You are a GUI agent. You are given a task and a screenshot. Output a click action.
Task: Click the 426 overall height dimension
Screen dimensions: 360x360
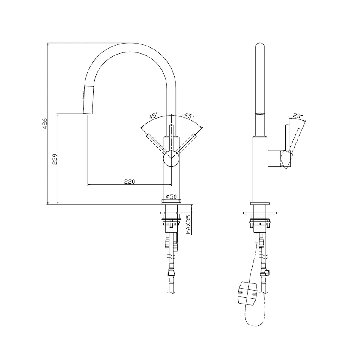click(45, 124)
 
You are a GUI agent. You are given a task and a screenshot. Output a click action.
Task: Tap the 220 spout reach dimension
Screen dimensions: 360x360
click(129, 181)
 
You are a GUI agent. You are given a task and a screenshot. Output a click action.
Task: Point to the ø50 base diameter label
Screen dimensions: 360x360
click(171, 196)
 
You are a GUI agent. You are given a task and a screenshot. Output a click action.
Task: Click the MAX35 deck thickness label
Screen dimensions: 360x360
click(188, 224)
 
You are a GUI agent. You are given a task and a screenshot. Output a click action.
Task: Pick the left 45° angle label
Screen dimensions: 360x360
click(154, 115)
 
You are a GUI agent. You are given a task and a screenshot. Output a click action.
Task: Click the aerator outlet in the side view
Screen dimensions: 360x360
click(260, 114)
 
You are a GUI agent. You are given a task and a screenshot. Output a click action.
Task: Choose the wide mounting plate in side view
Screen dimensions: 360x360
click(260, 213)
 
